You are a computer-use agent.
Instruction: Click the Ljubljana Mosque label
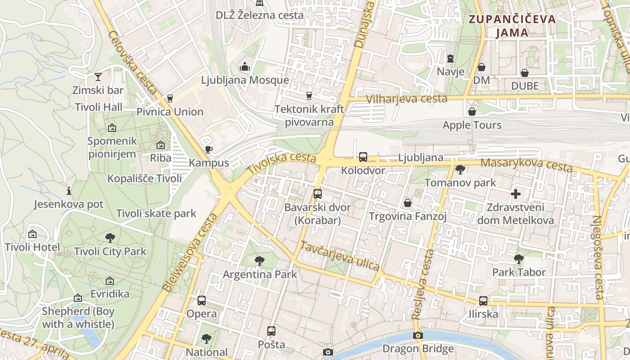[245, 81]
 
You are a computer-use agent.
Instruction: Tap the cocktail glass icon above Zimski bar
[98, 77]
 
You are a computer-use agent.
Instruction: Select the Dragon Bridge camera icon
[418, 335]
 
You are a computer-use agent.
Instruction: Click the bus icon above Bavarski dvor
[318, 194]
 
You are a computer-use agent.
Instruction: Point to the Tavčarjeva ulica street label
[340, 256]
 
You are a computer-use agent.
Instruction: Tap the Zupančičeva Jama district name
[512, 26]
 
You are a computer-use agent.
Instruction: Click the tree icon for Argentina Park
[259, 261]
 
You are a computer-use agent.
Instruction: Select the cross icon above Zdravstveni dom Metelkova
[516, 194]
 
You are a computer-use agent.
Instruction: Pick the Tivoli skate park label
[156, 213]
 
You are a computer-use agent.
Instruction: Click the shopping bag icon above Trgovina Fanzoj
[408, 203]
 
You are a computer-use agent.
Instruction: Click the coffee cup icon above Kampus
[208, 149]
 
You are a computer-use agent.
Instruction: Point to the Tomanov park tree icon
[460, 170]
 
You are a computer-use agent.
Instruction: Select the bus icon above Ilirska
[483, 301]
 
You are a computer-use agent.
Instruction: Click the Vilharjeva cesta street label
[406, 99]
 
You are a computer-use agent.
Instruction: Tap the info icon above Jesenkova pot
[69, 191]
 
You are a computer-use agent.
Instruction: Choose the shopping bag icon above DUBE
[525, 72]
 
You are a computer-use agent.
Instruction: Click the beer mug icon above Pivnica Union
[170, 98]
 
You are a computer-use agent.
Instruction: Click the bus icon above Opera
[202, 300]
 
